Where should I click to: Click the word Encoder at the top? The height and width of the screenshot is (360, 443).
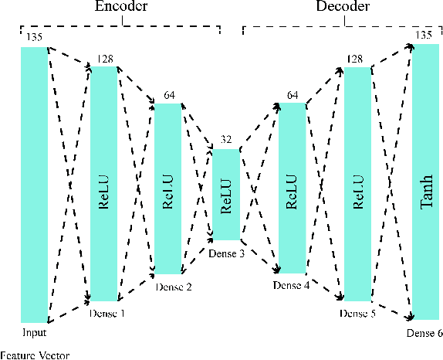coord(123,8)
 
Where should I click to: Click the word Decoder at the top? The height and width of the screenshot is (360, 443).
coord(342,8)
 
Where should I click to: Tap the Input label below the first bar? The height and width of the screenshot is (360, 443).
coord(35,332)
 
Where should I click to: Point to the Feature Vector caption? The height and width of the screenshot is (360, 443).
coord(35,355)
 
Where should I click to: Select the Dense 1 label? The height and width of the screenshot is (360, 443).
coord(107,314)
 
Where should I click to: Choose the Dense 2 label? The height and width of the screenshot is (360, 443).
coord(173,287)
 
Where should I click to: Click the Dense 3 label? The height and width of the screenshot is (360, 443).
coord(226,253)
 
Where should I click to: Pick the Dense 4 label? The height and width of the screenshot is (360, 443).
coord(292,286)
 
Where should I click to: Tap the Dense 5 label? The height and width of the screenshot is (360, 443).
coord(359,314)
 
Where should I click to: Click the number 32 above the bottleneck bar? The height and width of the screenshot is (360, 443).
coord(226,140)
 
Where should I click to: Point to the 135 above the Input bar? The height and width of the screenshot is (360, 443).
coord(34,36)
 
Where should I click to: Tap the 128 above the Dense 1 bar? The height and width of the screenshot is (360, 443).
coord(106,58)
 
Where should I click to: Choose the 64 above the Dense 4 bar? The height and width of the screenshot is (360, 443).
coord(292,95)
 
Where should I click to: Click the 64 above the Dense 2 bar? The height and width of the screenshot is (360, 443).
coord(169,95)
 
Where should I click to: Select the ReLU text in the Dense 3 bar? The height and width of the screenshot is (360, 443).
coord(226,195)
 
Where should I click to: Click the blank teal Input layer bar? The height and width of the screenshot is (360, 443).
coord(35,185)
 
